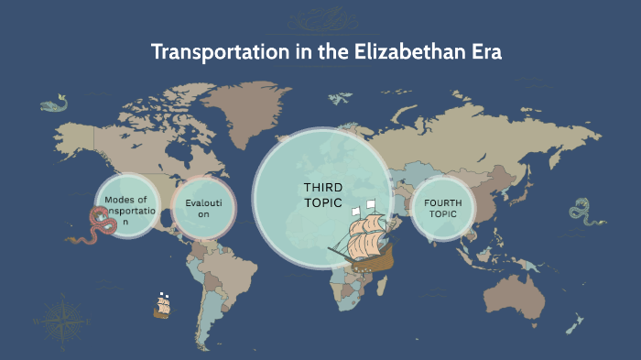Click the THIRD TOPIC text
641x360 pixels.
click(322, 194)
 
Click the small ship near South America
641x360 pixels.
click(164, 305)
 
